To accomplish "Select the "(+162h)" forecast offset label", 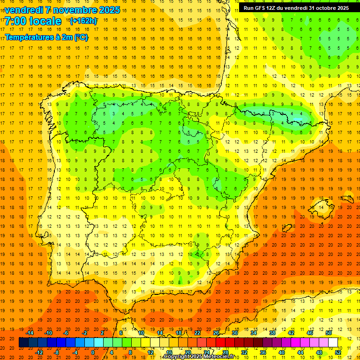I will (83, 21).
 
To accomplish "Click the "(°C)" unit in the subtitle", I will (81, 37).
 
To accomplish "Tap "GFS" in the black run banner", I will (261, 8).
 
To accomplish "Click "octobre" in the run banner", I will (327, 8).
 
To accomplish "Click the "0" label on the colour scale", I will (93, 352).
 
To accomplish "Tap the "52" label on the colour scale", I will (337, 352).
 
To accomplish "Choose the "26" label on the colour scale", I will (216, 333).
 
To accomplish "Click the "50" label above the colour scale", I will (329, 333).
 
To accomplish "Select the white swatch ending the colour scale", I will (333, 343).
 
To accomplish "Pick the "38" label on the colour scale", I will (272, 333).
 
